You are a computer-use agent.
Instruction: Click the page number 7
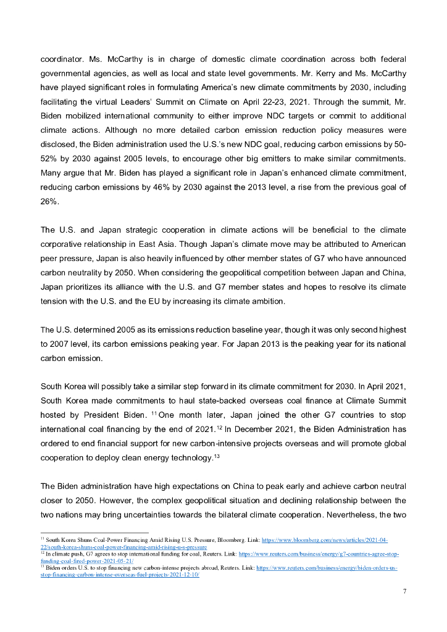tap(404, 591)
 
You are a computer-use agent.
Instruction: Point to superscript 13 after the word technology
tap(216, 455)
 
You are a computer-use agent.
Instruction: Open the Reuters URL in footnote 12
tap(319, 554)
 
